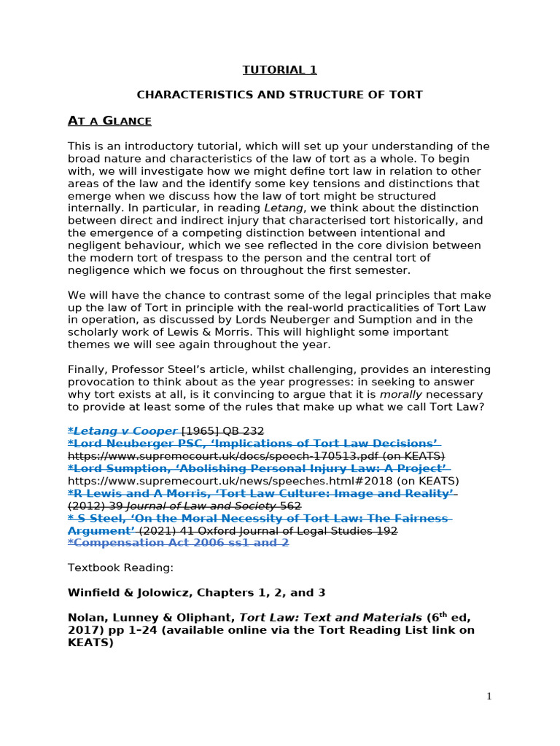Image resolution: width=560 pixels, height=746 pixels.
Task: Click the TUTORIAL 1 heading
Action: [280, 70]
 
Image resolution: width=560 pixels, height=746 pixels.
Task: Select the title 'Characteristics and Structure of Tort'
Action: [280, 95]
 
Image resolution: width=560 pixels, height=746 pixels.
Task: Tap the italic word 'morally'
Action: [401, 394]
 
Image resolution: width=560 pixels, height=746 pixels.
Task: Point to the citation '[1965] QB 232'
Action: [222, 431]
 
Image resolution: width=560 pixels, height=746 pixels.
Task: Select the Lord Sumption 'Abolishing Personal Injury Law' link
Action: [257, 468]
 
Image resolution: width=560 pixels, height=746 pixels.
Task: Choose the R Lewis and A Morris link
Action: [260, 493]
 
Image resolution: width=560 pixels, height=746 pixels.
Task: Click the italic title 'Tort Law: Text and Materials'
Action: [322, 617]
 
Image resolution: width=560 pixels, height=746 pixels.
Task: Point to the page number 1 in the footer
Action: [489, 696]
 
